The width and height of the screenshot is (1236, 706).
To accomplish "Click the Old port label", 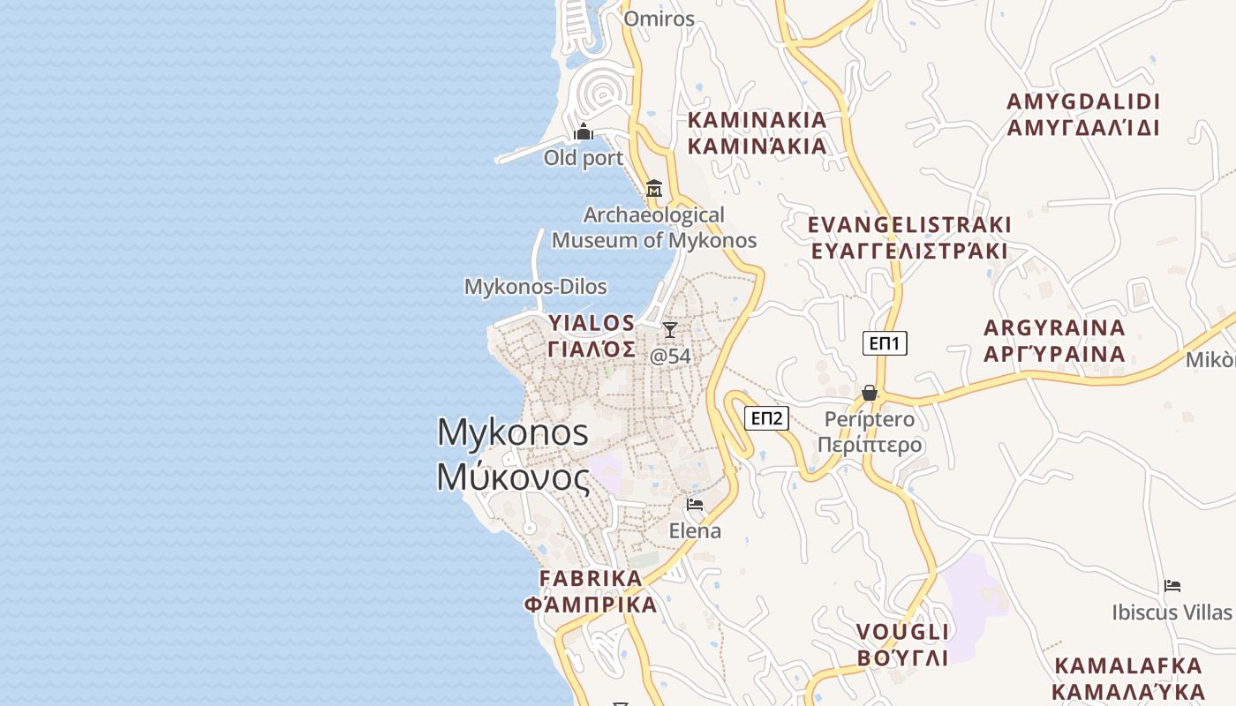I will pos(584,158).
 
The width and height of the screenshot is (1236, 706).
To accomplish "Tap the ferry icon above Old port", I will pos(584,132).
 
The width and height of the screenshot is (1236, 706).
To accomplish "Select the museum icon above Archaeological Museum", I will pos(654,189).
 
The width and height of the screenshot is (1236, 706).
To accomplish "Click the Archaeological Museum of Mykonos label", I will pos(654,228).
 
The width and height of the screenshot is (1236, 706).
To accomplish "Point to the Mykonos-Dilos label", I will pos(536,287).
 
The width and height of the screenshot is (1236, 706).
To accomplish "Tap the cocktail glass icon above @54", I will pos(670,330).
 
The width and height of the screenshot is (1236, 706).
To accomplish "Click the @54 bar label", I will pos(670,357).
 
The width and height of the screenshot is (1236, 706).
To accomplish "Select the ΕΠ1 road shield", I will pos(885,343).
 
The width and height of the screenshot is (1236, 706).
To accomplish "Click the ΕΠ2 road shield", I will pos(766,418).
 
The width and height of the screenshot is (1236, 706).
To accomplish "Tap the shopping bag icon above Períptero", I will pos(870,393).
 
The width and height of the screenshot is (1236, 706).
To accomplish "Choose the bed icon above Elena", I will pos(695,505).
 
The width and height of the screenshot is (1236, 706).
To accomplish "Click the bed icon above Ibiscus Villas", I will pos(1172,585).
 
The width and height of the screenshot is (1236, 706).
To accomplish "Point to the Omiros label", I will pos(659,19).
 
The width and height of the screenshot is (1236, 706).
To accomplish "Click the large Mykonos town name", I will pos(513,454).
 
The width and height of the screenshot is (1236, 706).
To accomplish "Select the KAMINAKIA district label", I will pos(757,132).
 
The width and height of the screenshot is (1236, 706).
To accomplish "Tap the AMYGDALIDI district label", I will pos(1083,115).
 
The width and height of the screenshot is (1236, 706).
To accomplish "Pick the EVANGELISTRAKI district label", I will pos(909,237).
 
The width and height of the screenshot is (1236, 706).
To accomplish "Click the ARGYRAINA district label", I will pos(1055,341).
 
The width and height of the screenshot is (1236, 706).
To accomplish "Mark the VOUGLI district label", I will pos(902,645).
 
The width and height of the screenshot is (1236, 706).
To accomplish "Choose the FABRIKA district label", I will pos(591,591).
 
